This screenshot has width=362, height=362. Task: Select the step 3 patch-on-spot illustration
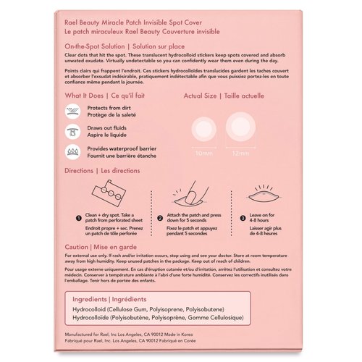click(x=264, y=195)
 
